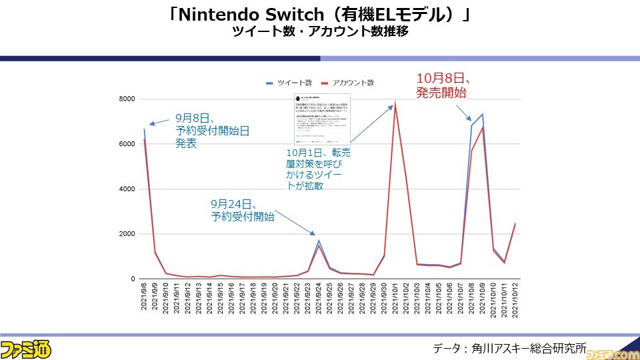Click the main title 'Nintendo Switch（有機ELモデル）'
pyautogui.click(x=320, y=14)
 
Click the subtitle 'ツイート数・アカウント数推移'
pyautogui.click(x=320, y=32)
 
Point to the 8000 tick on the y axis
pyautogui.click(x=127, y=99)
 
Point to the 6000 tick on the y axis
pyautogui.click(x=127, y=144)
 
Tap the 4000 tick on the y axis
pyautogui.click(x=127, y=189)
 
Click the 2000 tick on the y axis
pyautogui.click(x=127, y=234)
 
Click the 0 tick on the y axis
pyautogui.click(x=133, y=279)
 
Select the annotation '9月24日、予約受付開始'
pyautogui.click(x=242, y=210)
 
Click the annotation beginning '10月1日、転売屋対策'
pyautogui.click(x=317, y=169)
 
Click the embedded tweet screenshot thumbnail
pyautogui.click(x=321, y=120)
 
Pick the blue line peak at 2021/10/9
pyautogui.click(x=483, y=114)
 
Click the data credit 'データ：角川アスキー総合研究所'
pyautogui.click(x=509, y=348)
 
